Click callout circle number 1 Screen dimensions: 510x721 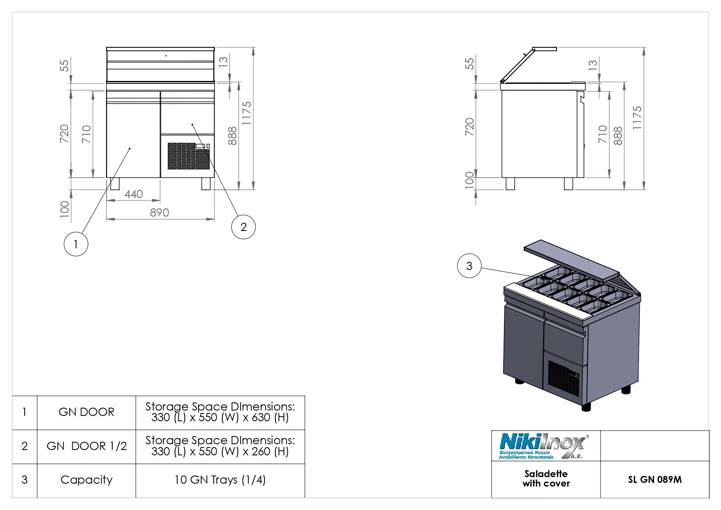point(76,244)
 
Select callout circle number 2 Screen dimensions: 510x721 point(243,227)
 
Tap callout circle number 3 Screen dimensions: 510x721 point(469,266)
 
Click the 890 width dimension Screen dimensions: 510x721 point(159,212)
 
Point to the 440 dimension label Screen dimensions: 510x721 point(133,194)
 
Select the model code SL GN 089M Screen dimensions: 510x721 point(654,480)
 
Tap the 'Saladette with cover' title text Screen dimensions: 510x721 point(546,479)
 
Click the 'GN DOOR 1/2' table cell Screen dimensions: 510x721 point(86,446)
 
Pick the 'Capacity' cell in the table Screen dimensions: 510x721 point(86,480)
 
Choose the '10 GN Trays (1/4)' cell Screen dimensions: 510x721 point(220,480)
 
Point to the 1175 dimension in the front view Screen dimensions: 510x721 point(246,113)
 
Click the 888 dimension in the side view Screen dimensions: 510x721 point(617,136)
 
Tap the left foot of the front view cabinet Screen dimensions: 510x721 point(115,183)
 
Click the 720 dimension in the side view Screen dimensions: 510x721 point(469,125)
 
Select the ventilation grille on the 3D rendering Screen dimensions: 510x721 point(562,376)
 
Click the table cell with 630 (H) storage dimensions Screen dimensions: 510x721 point(220,412)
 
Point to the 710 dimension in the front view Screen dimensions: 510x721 point(86,134)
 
